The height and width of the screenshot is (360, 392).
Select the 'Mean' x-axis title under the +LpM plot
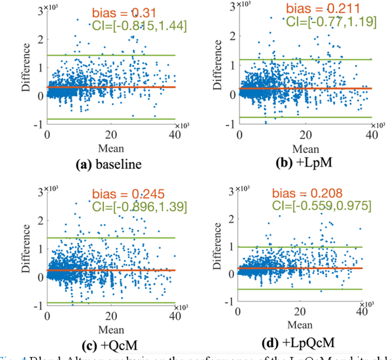click(x=305, y=148)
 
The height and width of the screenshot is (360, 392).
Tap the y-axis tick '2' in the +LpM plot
click(x=232, y=35)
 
